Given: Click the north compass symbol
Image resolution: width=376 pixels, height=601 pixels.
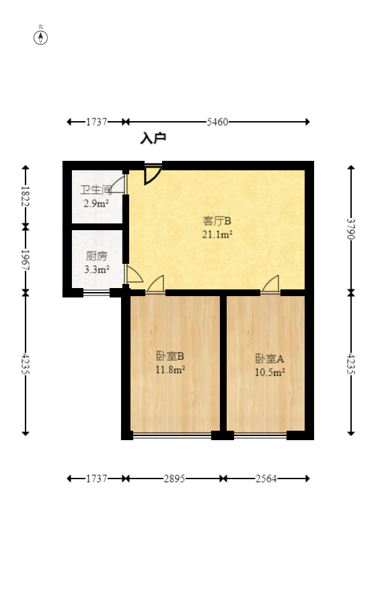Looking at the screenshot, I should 41,37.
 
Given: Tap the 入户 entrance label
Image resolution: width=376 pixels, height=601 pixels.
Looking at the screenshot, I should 153,139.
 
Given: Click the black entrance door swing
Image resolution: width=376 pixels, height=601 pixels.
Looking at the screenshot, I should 152,174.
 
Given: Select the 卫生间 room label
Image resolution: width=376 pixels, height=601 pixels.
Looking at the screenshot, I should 96,190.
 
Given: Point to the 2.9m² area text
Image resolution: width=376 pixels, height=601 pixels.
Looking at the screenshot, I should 96,203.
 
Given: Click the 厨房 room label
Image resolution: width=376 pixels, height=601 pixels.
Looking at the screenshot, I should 96,256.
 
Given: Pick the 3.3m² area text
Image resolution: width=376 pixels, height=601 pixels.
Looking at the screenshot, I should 96,269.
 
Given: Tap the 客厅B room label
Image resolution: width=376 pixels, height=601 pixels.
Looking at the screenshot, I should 217,221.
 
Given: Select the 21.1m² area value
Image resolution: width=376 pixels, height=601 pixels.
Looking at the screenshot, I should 217,234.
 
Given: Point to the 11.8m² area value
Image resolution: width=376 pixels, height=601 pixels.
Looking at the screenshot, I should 170,369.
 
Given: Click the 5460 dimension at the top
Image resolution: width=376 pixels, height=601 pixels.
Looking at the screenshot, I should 217,122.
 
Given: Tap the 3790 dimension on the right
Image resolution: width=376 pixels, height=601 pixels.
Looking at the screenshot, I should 350,229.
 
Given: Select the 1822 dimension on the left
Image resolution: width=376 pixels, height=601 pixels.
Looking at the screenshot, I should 26,196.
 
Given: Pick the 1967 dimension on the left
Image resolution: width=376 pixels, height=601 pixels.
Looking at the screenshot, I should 26,259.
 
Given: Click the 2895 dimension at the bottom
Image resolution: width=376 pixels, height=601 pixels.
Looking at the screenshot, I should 174,479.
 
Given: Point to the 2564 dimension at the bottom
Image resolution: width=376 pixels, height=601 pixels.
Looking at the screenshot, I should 266,479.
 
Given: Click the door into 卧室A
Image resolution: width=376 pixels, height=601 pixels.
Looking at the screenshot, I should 270,285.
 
